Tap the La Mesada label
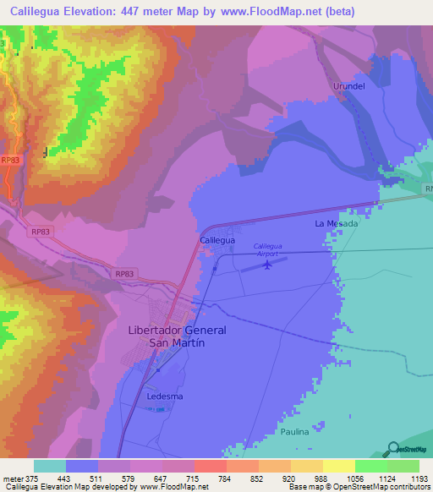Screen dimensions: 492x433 tap(337, 224)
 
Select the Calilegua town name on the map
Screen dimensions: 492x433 tap(216, 241)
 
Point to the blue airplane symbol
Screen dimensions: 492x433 tap(268, 265)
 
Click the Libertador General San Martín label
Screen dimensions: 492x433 tap(177, 336)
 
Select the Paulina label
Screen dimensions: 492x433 tap(295, 431)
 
